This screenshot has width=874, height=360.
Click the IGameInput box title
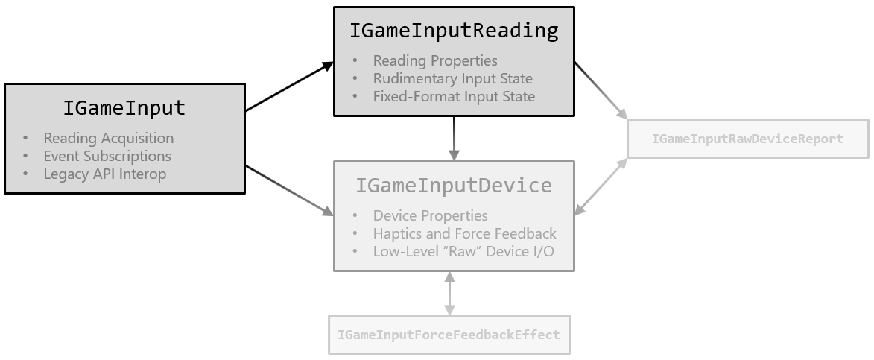(124, 108)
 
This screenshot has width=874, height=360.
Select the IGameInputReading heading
(454, 31)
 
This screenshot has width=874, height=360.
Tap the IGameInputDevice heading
(454, 185)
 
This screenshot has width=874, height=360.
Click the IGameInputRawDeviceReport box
(747, 139)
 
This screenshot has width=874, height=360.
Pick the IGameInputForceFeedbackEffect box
(449, 335)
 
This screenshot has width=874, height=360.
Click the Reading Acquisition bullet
(108, 138)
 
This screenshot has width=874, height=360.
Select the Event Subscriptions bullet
(107, 156)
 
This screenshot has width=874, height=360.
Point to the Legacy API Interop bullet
(104, 174)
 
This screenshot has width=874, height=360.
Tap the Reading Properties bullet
(435, 60)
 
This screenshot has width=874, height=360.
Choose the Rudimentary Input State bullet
(452, 78)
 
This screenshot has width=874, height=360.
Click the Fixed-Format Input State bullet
(454, 96)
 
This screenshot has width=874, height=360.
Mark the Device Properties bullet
(430, 215)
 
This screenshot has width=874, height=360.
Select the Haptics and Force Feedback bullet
(464, 233)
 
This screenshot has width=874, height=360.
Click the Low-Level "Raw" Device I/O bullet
(463, 251)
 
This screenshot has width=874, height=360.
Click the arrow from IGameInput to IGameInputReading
(289, 87)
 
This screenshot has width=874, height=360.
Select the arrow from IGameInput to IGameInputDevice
(289, 191)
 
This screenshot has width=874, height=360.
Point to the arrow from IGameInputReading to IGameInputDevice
(454, 138)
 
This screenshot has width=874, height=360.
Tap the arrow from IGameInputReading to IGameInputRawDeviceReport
(601, 89)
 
